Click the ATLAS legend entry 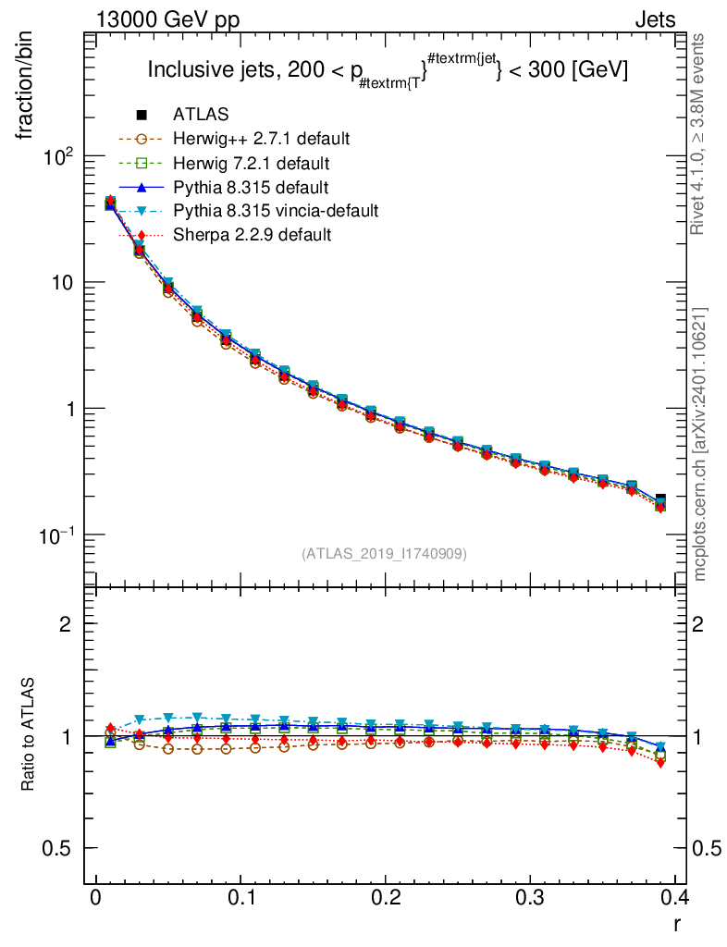pyautogui.click(x=201, y=115)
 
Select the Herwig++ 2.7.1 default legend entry pyautogui.click(x=261, y=139)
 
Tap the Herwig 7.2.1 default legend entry pyautogui.click(x=252, y=163)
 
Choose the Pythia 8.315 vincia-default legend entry pyautogui.click(x=276, y=211)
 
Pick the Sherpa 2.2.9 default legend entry pyautogui.click(x=252, y=235)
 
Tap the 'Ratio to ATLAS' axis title pyautogui.click(x=28, y=735)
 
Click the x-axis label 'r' pyautogui.click(x=677, y=923)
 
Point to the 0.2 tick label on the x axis pyautogui.click(x=386, y=897)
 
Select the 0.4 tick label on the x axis pyautogui.click(x=676, y=897)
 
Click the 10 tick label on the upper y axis pyautogui.click(x=63, y=283)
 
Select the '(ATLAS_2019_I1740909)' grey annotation pyautogui.click(x=384, y=554)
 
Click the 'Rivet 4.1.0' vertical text pyautogui.click(x=700, y=135)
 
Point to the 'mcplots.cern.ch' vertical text pyautogui.click(x=700, y=444)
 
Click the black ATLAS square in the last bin pyautogui.click(x=660, y=499)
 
